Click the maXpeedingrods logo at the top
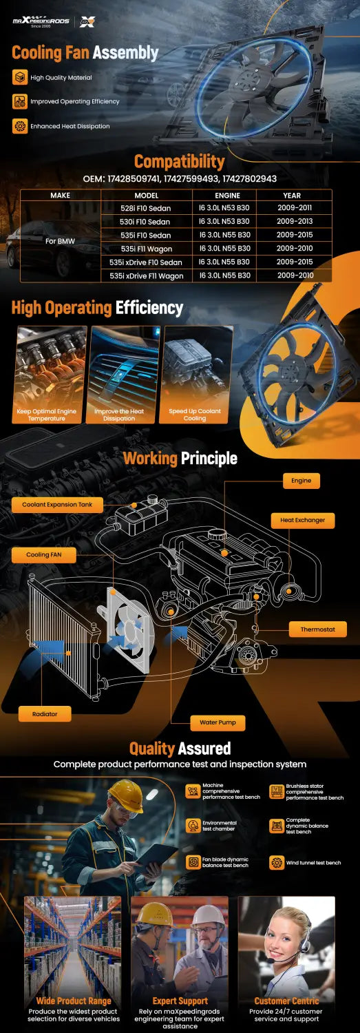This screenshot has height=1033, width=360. click(x=41, y=21)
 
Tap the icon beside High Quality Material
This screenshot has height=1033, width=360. click(x=20, y=77)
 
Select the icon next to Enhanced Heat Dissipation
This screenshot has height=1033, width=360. click(x=20, y=126)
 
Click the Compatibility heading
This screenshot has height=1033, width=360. click(x=179, y=161)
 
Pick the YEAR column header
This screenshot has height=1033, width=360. click(x=292, y=196)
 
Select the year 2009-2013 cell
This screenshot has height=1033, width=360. click(x=295, y=221)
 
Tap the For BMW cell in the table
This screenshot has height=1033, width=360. click(x=60, y=241)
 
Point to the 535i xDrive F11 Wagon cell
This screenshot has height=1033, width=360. click(x=146, y=276)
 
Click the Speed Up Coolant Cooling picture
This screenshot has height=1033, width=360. click(x=196, y=375)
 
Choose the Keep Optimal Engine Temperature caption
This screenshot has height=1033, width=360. click(x=47, y=415)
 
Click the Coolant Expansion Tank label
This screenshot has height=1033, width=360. click(x=57, y=505)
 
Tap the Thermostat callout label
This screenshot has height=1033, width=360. click(x=317, y=629)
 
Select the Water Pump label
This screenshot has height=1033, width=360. click(x=218, y=722)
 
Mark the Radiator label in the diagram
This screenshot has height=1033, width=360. click(x=45, y=714)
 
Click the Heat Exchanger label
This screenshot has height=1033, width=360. click(x=302, y=520)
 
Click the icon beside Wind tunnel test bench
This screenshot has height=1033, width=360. click(x=277, y=862)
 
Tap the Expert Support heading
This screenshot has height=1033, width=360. click(x=180, y=1001)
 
